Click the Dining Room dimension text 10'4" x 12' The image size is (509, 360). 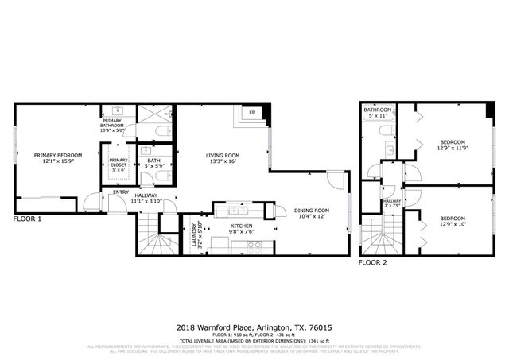point(312,216)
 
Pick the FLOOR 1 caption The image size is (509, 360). point(28,218)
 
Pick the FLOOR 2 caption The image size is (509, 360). point(373,261)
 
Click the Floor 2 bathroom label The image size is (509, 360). point(378,113)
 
